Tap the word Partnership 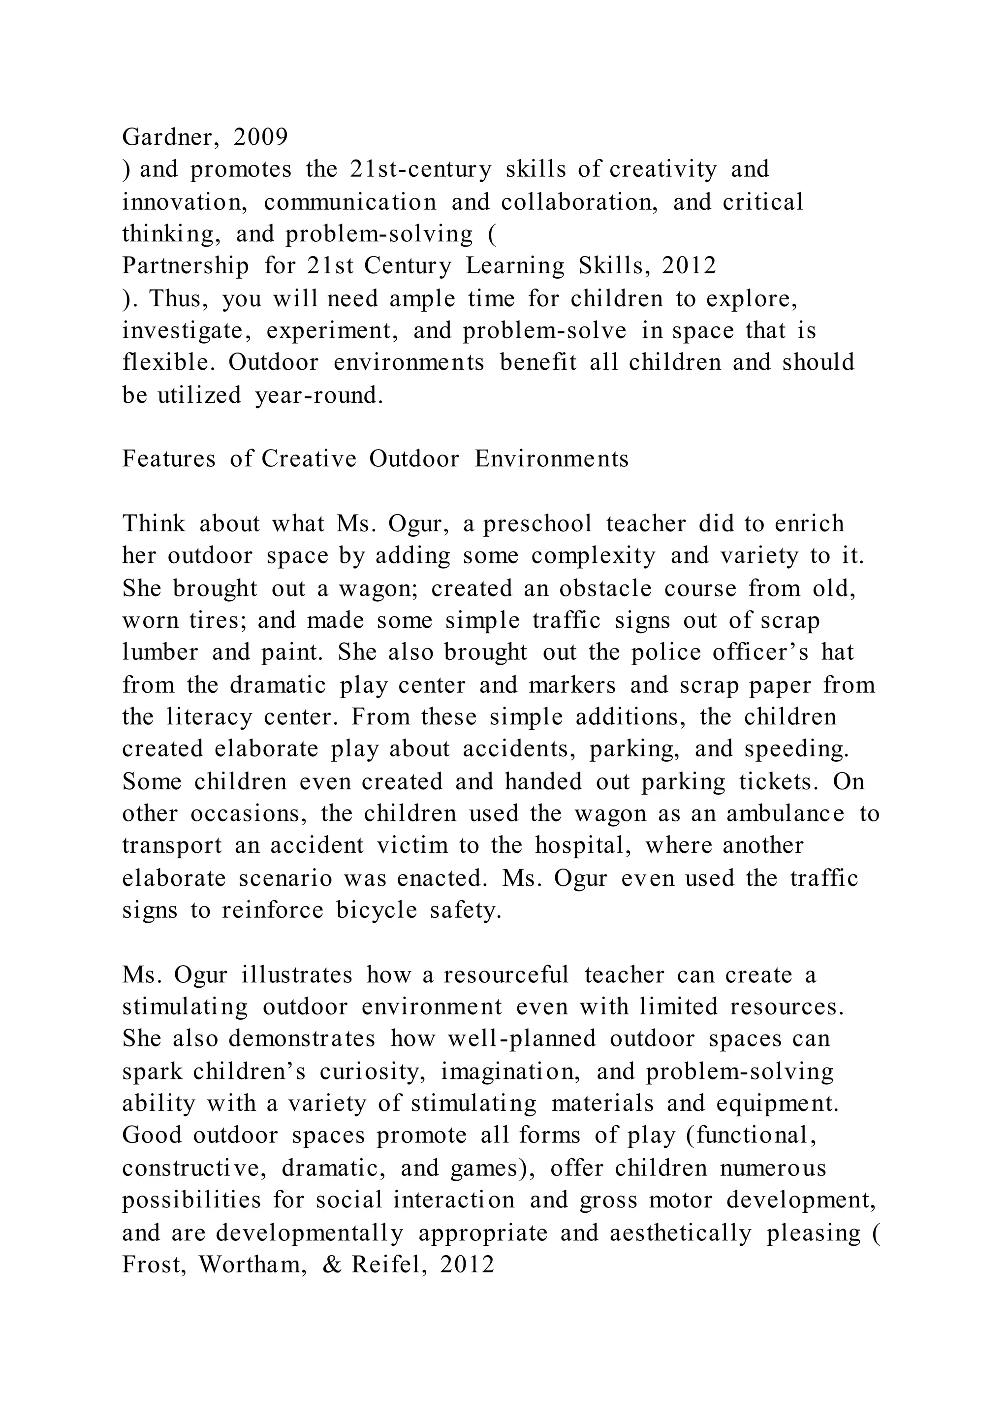[186, 266]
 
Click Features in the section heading [169, 459]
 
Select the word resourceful [506, 975]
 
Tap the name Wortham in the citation [252, 1265]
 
